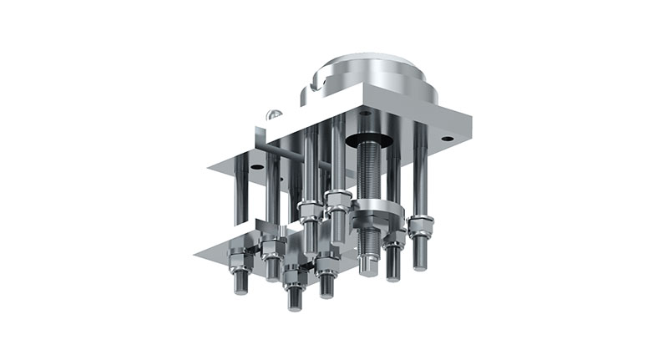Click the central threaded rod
click(x=368, y=175)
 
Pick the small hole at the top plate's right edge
click(x=448, y=138)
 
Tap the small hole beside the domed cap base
click(x=365, y=111)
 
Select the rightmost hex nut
click(x=421, y=226)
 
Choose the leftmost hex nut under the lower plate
click(x=236, y=256)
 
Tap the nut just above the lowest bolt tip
click(x=292, y=276)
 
